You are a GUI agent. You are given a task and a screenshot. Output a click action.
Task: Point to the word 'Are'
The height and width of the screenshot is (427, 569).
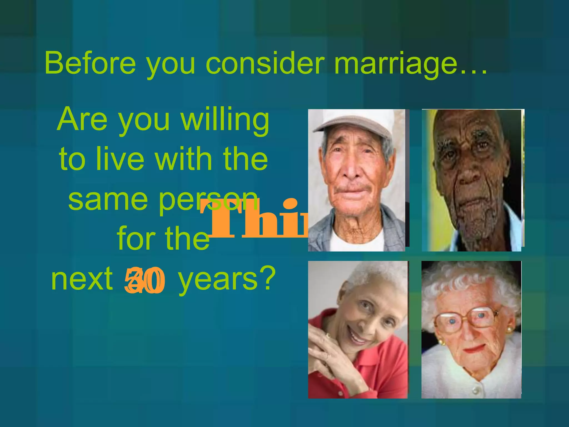click(x=82, y=120)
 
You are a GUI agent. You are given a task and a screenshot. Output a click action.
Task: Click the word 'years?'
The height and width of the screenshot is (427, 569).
click(x=226, y=279)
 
